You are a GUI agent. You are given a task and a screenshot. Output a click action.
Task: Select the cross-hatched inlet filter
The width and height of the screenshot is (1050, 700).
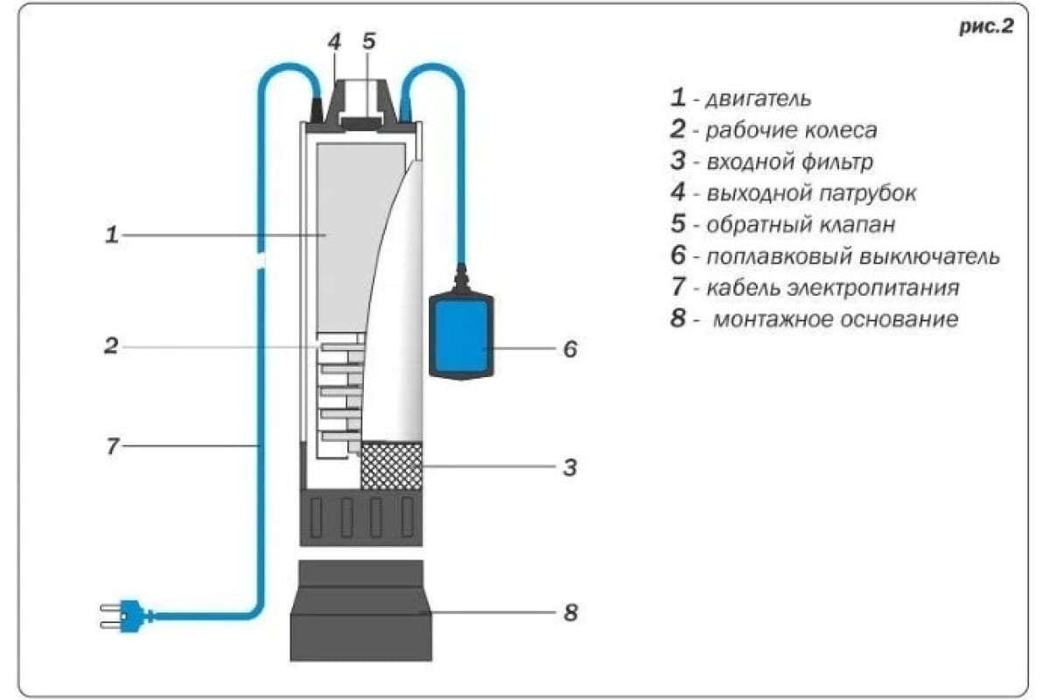392,465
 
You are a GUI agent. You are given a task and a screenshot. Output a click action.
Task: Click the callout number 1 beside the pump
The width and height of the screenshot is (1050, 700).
111,234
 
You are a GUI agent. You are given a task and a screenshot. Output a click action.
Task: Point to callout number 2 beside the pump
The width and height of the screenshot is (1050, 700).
111,346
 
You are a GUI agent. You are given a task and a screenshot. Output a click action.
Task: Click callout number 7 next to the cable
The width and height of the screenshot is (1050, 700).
111,446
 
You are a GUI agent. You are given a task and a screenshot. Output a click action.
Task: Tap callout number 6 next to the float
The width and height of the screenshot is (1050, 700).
570,349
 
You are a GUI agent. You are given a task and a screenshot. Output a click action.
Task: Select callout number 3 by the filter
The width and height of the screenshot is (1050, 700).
570,467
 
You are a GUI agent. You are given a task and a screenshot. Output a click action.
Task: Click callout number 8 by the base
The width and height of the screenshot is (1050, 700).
570,612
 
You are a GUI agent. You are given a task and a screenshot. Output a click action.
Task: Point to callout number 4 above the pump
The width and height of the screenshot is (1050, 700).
334,41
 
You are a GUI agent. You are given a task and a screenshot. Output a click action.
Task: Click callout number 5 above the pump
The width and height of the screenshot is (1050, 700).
368,41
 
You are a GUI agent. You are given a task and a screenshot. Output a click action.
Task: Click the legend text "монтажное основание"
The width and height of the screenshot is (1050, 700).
835,319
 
